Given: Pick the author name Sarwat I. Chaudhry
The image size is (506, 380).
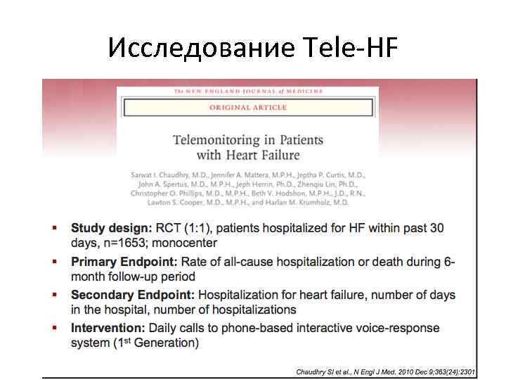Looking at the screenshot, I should click(x=165, y=174).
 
